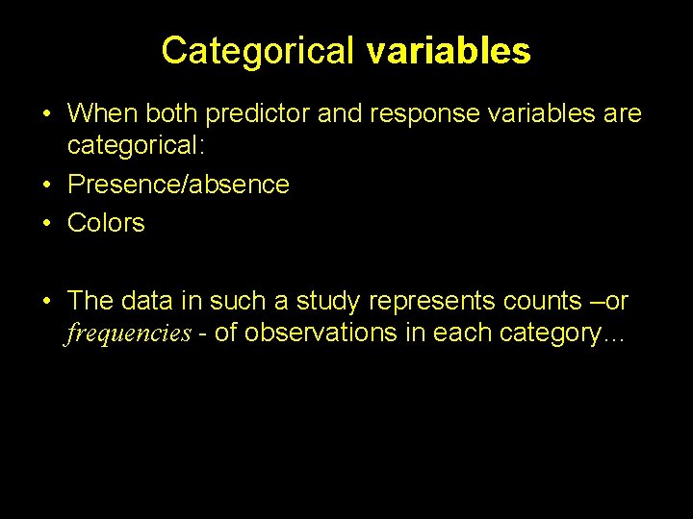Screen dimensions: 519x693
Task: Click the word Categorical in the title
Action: (x=259, y=51)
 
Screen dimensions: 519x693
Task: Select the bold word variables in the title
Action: (x=448, y=51)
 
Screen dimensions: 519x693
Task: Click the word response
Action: (x=423, y=113)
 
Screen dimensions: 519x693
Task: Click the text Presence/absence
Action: (x=178, y=184)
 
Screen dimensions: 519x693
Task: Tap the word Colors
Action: (x=106, y=223)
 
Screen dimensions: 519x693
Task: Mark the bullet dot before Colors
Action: (x=47, y=223)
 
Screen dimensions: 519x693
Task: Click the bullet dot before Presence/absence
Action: (x=47, y=184)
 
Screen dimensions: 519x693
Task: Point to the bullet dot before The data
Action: (x=47, y=301)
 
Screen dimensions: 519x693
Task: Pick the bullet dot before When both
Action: (x=47, y=113)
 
